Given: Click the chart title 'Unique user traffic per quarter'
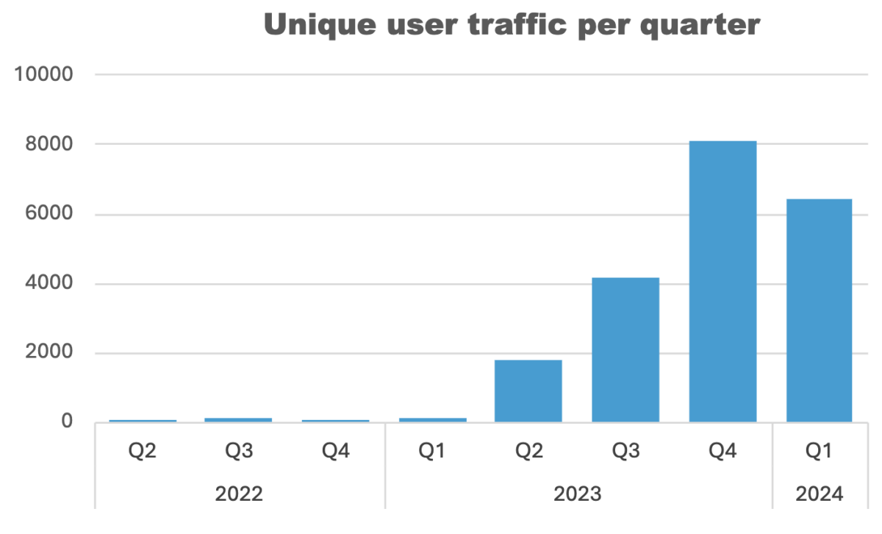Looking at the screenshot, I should [511, 26].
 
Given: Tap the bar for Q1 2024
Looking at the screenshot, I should [819, 310].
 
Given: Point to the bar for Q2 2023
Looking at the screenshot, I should [528, 391].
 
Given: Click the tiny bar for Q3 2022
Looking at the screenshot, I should [238, 419].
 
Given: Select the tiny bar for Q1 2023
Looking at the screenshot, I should [432, 419].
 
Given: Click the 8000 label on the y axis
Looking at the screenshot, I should [49, 145].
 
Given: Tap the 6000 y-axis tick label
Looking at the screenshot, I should [49, 215].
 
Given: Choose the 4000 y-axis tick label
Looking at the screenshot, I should [49, 284].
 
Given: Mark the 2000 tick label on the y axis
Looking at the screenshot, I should [49, 353].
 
